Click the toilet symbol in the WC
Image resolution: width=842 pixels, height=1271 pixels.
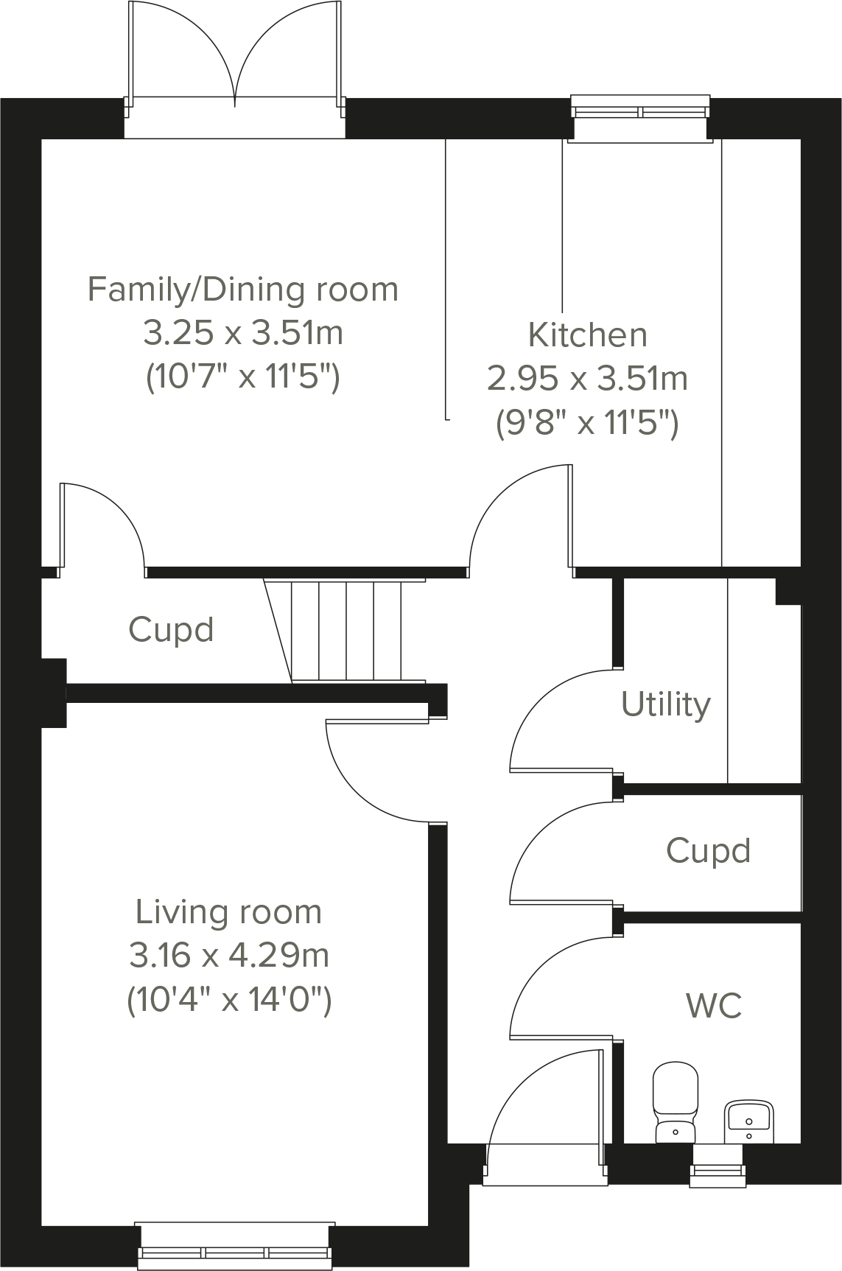click(676, 1102)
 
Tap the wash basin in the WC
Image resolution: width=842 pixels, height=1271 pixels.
click(748, 1121)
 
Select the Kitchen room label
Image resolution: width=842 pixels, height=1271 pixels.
click(587, 335)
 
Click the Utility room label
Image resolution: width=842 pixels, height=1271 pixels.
click(665, 704)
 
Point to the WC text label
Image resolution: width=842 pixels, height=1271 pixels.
click(713, 1005)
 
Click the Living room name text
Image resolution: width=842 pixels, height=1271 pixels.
click(228, 912)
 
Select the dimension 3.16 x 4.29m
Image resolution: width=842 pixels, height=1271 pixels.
click(228, 956)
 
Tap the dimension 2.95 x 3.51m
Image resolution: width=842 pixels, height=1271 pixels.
click(587, 379)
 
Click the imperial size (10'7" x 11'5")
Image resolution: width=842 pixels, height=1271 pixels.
click(242, 378)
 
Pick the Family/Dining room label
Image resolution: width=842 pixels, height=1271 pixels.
click(242, 289)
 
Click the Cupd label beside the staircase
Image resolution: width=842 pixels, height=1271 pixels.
click(171, 630)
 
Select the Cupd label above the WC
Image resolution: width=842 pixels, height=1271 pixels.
click(708, 850)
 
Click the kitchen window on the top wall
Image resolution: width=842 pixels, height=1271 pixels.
click(640, 111)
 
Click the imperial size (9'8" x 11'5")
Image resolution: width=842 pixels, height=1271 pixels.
click(587, 424)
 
